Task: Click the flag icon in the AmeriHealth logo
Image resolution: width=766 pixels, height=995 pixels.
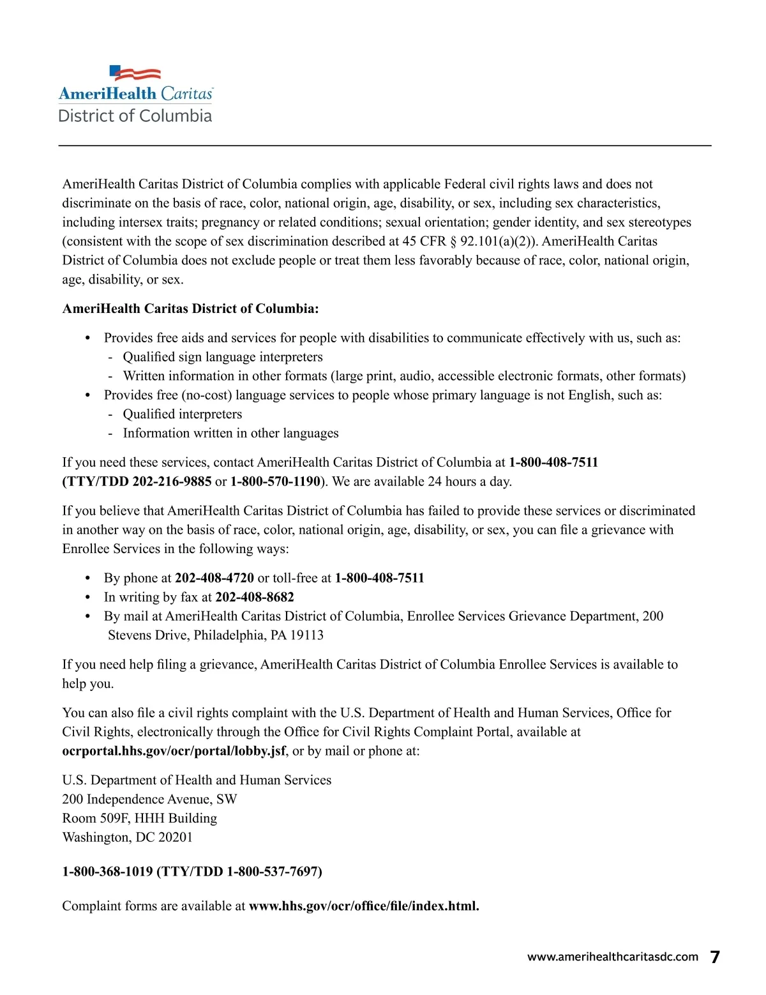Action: coord(135,73)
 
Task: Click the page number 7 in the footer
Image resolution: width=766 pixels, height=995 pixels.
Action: coord(715,957)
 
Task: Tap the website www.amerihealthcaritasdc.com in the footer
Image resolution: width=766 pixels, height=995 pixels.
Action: coord(612,957)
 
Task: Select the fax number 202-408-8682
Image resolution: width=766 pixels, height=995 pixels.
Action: coord(255,597)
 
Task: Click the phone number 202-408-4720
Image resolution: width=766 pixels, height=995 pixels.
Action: coord(214,578)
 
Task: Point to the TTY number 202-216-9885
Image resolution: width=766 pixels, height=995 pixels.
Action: coord(172,482)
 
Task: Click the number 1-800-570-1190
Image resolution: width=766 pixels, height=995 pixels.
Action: coord(275,482)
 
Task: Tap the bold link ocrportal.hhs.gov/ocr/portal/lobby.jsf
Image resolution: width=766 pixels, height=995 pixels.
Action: coord(174,751)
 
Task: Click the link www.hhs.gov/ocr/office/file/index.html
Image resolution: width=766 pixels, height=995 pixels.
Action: coord(363,906)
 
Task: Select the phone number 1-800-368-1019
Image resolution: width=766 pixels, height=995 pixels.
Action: coord(107,872)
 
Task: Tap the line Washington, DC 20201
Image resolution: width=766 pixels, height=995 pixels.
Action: coord(127,837)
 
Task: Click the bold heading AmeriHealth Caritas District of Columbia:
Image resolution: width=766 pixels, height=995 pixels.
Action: coord(190,309)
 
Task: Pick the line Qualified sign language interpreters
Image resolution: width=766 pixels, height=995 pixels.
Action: coord(223,357)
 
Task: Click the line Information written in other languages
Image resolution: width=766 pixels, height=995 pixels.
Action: coord(230,433)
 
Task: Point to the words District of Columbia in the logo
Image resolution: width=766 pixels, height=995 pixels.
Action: coord(135,116)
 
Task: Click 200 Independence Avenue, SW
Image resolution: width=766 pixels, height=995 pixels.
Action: coord(149,800)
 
